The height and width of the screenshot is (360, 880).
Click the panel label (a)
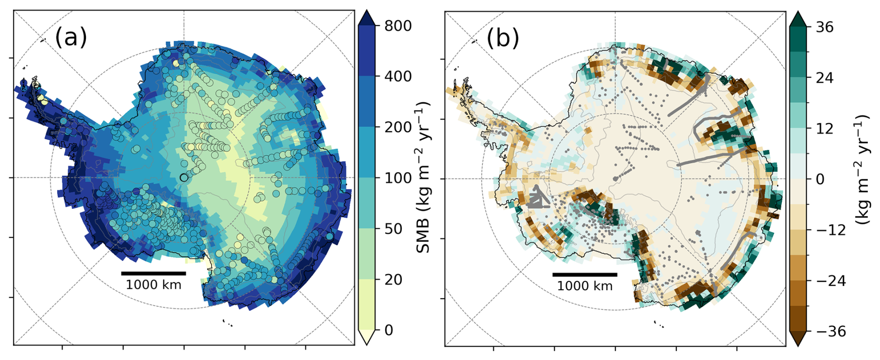pyautogui.click(x=71, y=37)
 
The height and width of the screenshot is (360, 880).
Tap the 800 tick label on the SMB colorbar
pyautogui.click(x=398, y=26)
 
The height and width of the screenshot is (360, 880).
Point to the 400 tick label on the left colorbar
pyautogui.click(x=398, y=76)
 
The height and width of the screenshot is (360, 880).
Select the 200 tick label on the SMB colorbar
pyautogui.click(x=398, y=127)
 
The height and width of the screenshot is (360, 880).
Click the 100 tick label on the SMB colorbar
pyautogui.click(x=398, y=178)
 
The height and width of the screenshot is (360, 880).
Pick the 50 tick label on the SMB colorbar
pyautogui.click(x=393, y=228)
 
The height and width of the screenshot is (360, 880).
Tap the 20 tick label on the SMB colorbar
pyautogui.click(x=393, y=279)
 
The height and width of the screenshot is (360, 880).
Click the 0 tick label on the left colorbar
pyautogui.click(x=389, y=330)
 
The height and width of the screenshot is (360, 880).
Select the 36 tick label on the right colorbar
pyautogui.click(x=825, y=27)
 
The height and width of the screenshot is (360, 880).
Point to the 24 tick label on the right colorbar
pyautogui.click(x=825, y=78)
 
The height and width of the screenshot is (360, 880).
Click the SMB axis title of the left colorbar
pyautogui.click(x=423, y=178)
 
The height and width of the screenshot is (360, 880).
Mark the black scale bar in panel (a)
pyautogui.click(x=153, y=273)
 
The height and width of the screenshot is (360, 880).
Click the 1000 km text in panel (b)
pyautogui.click(x=585, y=286)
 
